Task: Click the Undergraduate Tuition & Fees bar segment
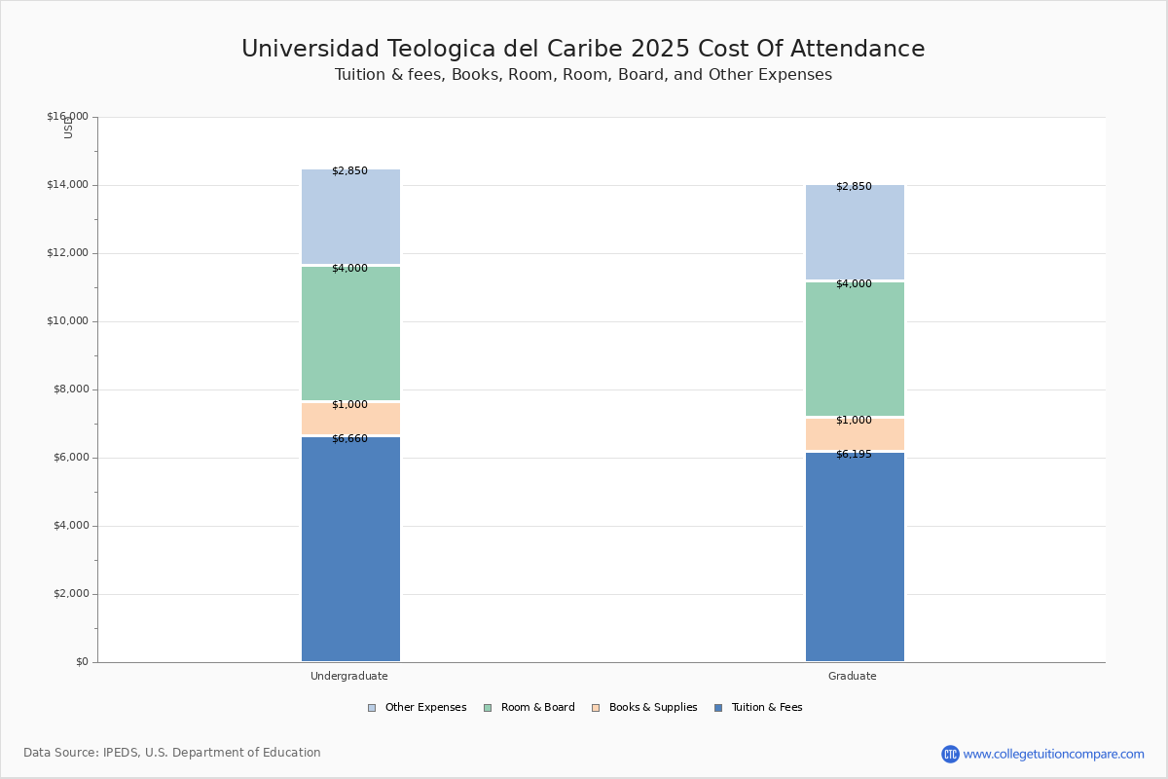(x=351, y=549)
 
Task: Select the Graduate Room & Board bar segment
(x=856, y=349)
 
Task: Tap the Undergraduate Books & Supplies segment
(x=351, y=419)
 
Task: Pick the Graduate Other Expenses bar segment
(x=856, y=232)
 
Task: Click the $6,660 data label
(x=349, y=439)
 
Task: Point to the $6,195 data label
(x=855, y=455)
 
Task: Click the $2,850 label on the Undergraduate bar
(x=349, y=171)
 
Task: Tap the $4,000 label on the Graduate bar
(x=855, y=283)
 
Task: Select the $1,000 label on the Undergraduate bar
(x=349, y=404)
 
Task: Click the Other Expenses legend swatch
(x=372, y=708)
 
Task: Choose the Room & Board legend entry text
(x=538, y=708)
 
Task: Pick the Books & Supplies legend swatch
(x=596, y=708)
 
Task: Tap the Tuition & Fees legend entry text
(x=767, y=708)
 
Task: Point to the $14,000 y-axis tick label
(x=68, y=185)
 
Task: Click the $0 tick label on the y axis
(x=83, y=662)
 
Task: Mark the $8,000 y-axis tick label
(x=71, y=389)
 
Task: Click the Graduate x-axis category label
(x=853, y=676)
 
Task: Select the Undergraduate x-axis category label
(x=349, y=676)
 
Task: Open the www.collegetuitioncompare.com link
(x=1053, y=754)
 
